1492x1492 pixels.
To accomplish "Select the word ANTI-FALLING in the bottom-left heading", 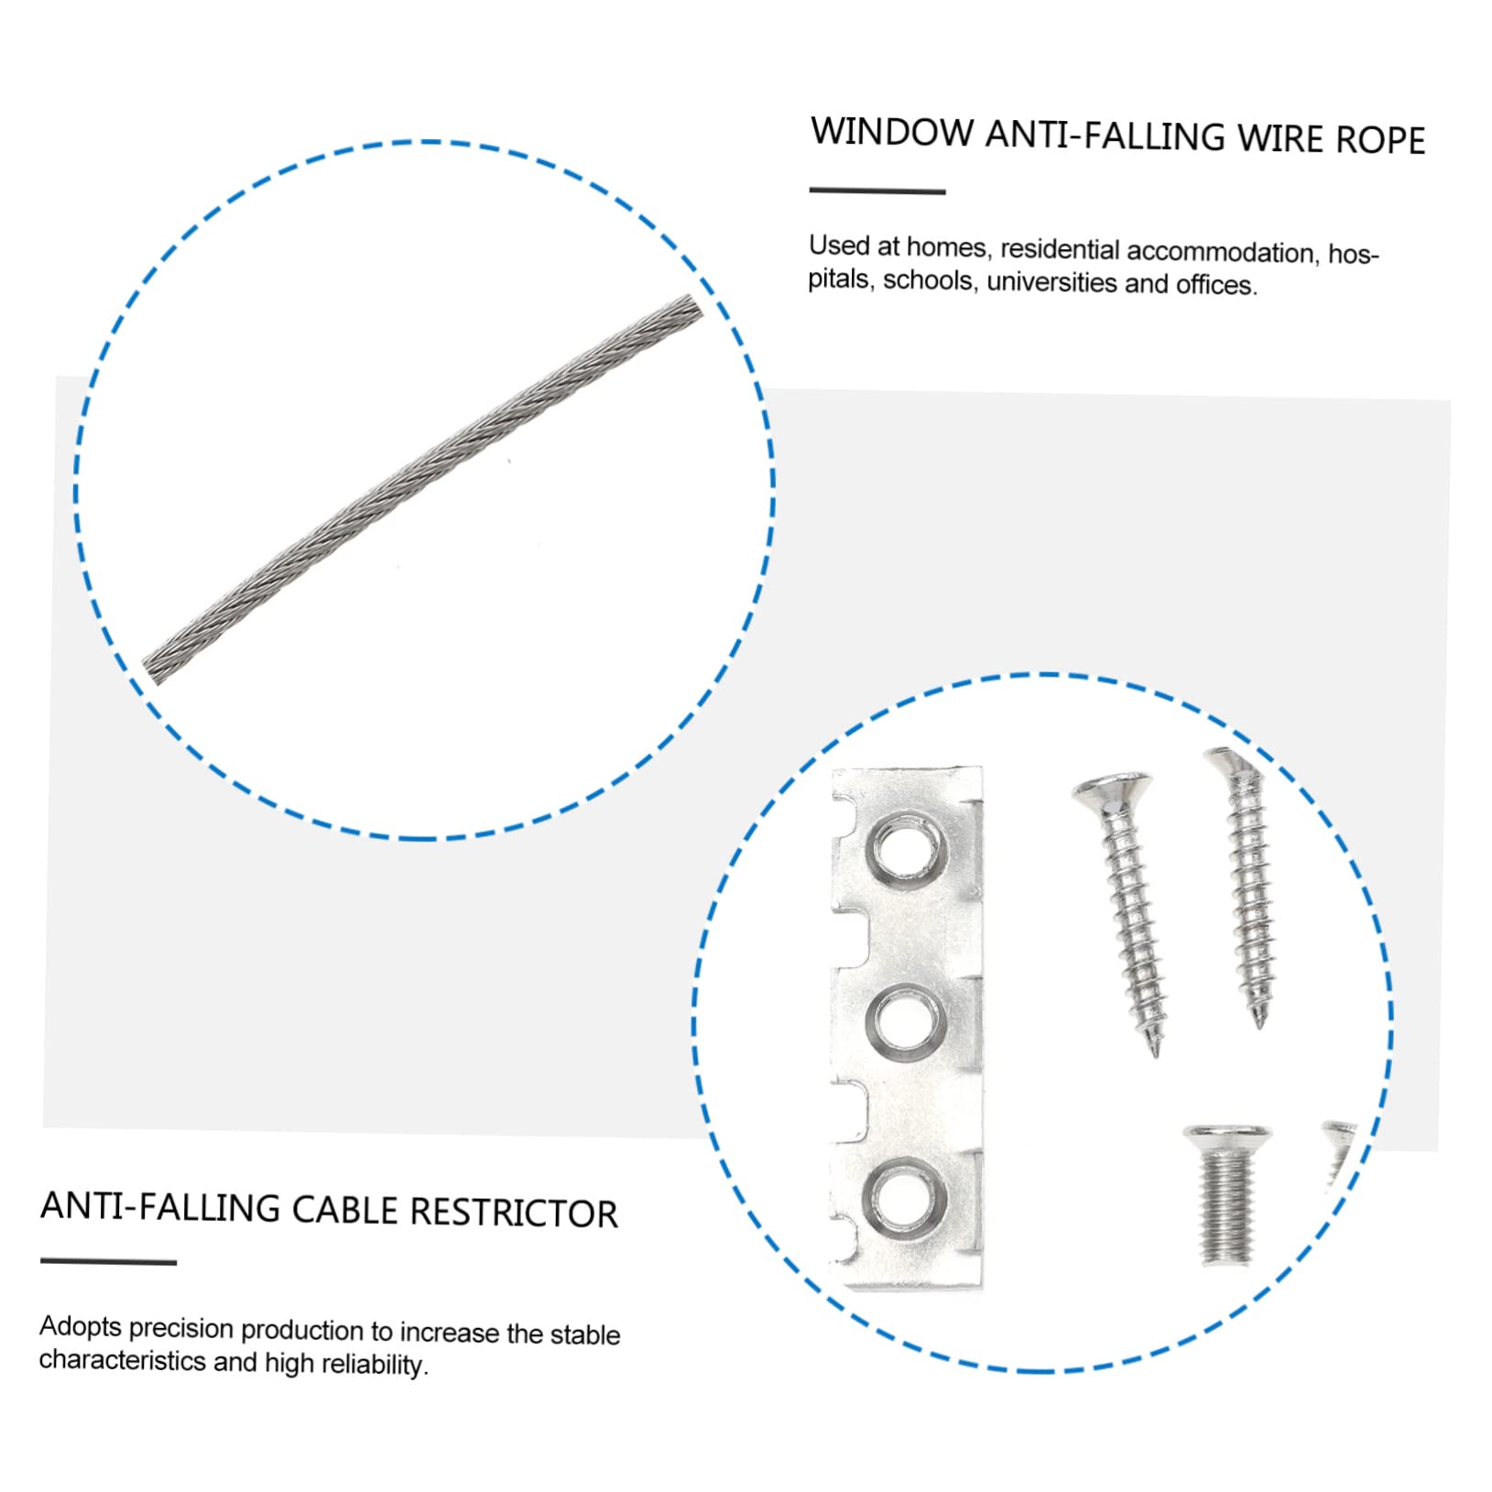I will pos(160,1207).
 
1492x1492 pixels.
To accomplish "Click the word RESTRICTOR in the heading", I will pos(513,1213).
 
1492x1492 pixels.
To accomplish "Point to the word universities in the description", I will pos(1051,282).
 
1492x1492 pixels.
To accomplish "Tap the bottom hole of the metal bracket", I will pos(903,1198).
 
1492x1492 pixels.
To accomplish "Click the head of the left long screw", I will pos(1111,791).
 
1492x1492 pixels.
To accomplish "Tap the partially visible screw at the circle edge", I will pos(1339,1149).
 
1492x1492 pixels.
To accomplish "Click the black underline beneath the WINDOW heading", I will pos(877,191).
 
